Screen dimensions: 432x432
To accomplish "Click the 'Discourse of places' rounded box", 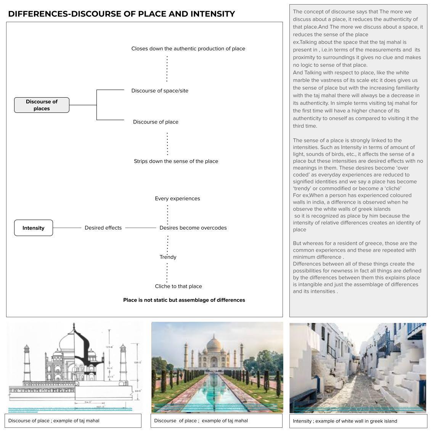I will click(42, 105).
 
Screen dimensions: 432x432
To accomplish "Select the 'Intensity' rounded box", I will click(34, 228).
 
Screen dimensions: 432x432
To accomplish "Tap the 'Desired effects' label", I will click(103, 228).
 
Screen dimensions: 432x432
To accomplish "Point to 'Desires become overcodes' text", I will click(193, 228).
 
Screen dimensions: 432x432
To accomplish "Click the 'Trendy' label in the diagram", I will click(168, 257).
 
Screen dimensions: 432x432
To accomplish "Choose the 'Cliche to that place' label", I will click(178, 286).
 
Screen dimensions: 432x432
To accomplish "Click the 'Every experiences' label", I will click(177, 199).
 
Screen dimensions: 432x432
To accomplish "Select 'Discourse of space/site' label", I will click(160, 91).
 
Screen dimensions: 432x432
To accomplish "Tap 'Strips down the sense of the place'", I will click(176, 161).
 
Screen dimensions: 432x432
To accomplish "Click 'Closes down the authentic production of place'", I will click(188, 49).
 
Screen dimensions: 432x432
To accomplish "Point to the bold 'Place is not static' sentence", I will click(184, 300).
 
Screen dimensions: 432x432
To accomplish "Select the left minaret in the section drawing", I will click(26, 362).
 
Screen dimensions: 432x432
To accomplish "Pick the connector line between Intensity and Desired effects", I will click(67, 228).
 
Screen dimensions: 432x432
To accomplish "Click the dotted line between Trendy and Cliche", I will click(167, 272).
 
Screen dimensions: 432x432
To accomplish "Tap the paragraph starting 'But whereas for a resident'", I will click(355, 250).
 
